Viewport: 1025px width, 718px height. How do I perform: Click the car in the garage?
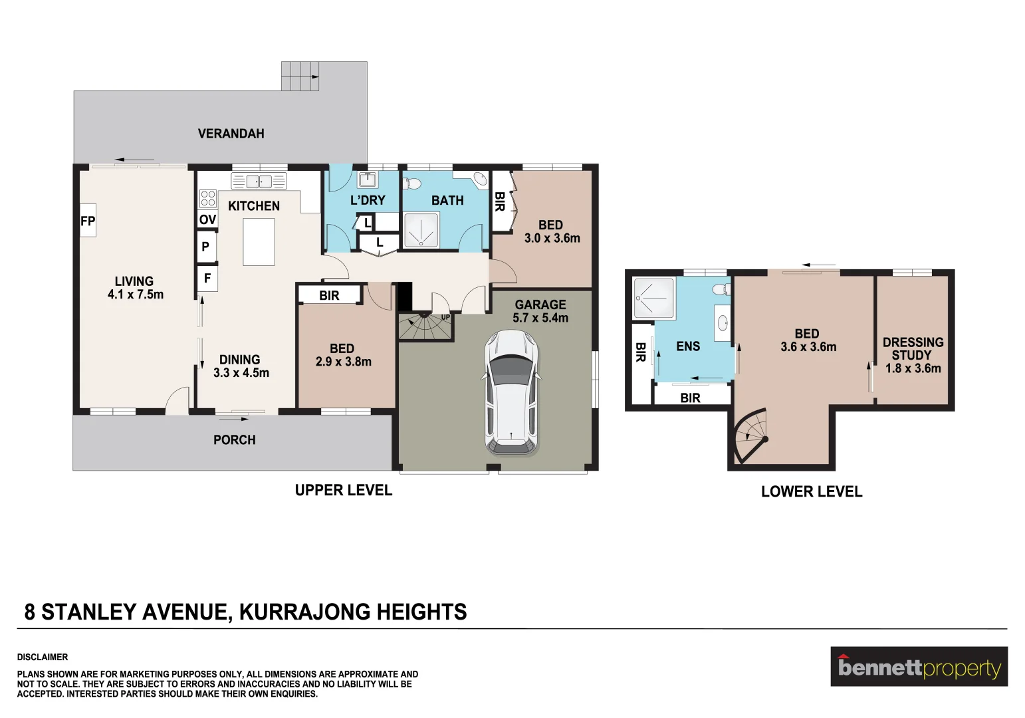(x=511, y=392)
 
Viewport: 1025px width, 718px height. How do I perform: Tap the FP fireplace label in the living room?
(x=88, y=221)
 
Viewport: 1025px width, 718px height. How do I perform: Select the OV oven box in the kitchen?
(x=207, y=219)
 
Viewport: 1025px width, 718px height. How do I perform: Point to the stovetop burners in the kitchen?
(x=207, y=198)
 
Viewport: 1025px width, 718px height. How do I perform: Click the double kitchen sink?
(x=259, y=181)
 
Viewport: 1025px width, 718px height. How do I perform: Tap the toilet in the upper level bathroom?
(x=413, y=183)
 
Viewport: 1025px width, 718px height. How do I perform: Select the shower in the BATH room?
(x=421, y=230)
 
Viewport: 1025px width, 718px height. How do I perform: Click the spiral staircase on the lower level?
(x=751, y=435)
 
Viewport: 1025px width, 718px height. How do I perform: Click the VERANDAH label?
(x=231, y=134)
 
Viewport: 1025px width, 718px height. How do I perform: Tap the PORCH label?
(x=234, y=440)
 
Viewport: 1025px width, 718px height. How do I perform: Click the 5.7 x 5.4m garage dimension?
(x=540, y=318)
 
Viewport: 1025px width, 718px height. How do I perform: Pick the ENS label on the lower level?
(x=688, y=346)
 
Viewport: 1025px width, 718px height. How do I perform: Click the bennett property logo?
(x=919, y=667)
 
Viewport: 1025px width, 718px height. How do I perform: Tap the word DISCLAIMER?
(x=43, y=657)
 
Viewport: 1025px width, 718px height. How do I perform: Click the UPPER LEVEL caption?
(x=343, y=491)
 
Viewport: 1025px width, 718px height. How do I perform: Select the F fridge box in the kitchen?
(x=207, y=278)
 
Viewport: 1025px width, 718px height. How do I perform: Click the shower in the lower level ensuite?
(x=654, y=298)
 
